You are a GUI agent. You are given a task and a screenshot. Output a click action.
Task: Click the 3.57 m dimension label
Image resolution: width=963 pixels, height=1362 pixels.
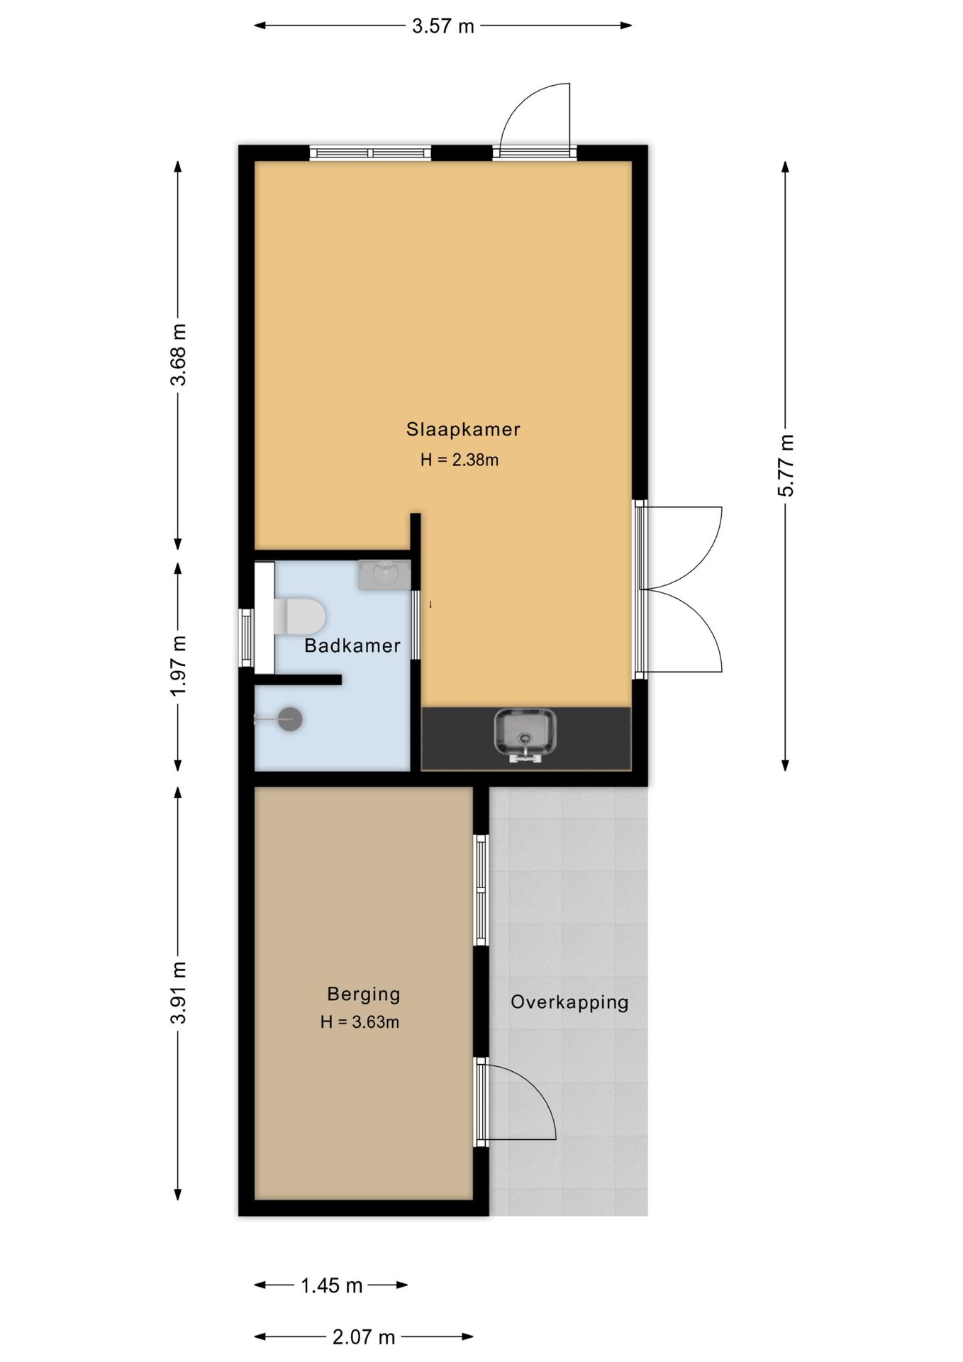pyautogui.click(x=443, y=27)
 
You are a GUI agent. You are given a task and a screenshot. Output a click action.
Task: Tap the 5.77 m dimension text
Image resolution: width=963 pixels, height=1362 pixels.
pyautogui.click(x=786, y=465)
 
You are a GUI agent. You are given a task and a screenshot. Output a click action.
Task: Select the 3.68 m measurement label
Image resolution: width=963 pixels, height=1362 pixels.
pyautogui.click(x=179, y=354)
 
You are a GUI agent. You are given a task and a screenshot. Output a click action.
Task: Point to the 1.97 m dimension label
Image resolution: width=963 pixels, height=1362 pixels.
pyautogui.click(x=179, y=665)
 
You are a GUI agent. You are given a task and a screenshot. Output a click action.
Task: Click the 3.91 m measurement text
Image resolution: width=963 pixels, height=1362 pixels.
pyautogui.click(x=179, y=992)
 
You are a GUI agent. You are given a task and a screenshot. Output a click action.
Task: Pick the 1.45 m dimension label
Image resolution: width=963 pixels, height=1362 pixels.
pyautogui.click(x=332, y=1285)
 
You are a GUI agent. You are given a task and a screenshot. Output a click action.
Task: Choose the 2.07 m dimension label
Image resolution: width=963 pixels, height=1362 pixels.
pyautogui.click(x=364, y=1337)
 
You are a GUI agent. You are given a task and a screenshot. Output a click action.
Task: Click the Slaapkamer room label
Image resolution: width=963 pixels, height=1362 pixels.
pyautogui.click(x=463, y=429)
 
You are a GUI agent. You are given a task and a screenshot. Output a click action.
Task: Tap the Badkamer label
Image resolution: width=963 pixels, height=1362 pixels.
pyautogui.click(x=352, y=646)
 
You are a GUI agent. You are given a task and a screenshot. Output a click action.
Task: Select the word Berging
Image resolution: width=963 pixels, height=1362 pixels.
pyautogui.click(x=364, y=995)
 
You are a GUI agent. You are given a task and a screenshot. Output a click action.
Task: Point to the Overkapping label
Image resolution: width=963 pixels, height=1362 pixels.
pyautogui.click(x=569, y=1002)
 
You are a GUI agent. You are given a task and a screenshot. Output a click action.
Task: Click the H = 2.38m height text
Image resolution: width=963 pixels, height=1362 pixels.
pyautogui.click(x=460, y=460)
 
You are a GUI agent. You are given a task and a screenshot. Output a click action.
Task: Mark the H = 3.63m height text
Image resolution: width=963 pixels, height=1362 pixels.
pyautogui.click(x=360, y=1022)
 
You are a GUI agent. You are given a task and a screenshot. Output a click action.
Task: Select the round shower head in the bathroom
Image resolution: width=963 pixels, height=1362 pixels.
pyautogui.click(x=290, y=719)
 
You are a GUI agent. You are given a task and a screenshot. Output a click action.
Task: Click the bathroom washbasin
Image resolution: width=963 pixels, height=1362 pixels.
pyautogui.click(x=384, y=575)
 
